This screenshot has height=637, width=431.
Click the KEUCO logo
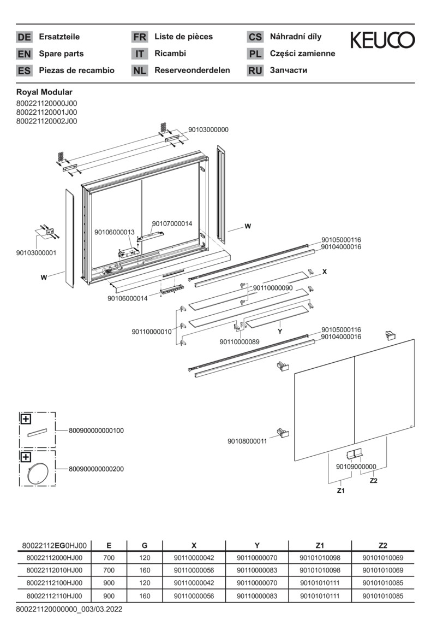click(x=382, y=40)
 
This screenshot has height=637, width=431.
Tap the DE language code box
click(x=24, y=37)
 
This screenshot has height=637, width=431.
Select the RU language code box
click(x=255, y=70)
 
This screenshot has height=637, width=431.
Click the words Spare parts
click(x=61, y=54)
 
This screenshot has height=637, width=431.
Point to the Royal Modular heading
click(x=44, y=92)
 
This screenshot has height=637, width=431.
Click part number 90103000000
click(x=208, y=129)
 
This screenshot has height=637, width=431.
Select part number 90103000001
click(x=36, y=252)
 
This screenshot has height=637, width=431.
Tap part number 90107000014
click(x=172, y=223)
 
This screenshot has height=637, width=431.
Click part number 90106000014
click(x=127, y=298)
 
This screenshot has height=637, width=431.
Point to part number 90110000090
click(x=272, y=287)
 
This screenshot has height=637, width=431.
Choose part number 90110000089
click(x=240, y=341)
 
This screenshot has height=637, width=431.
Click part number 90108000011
click(x=247, y=441)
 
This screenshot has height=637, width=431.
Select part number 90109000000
click(x=356, y=466)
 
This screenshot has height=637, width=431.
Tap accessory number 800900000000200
click(x=97, y=469)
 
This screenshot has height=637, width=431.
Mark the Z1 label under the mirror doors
click(x=341, y=491)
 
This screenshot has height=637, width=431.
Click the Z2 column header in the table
click(x=382, y=545)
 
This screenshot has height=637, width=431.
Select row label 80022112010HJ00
click(x=55, y=570)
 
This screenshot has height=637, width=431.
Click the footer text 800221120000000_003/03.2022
click(x=69, y=609)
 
